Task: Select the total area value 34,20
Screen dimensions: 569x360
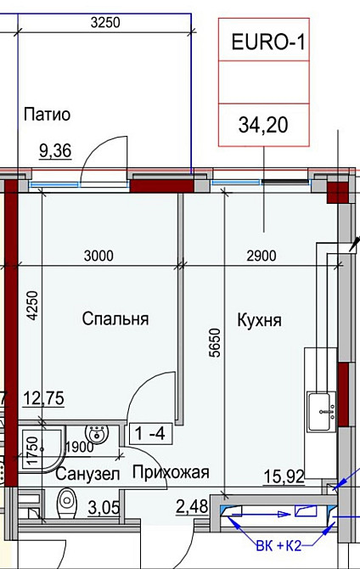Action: point(264,126)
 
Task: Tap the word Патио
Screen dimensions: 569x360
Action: point(47,115)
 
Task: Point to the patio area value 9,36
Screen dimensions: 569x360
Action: point(56,151)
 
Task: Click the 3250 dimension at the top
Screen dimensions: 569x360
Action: point(104,24)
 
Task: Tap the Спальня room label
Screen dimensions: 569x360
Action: point(115,319)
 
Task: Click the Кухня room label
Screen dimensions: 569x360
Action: point(259,321)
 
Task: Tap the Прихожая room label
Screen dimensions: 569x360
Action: point(170,473)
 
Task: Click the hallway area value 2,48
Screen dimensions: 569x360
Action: point(191,508)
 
